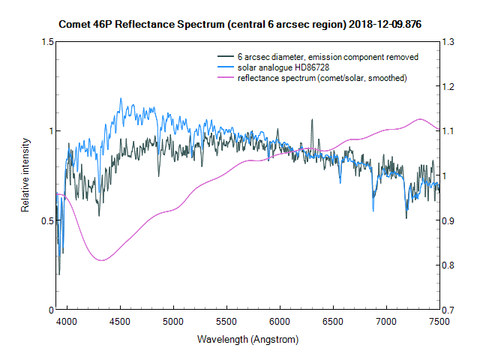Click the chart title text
240,24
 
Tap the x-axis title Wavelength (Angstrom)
247,339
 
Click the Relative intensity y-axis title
25,175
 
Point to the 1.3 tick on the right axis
449,42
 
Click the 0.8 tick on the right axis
449,265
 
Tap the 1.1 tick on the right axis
449,131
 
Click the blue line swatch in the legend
226,67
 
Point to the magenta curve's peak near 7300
420,119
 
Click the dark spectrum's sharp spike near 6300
311,119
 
